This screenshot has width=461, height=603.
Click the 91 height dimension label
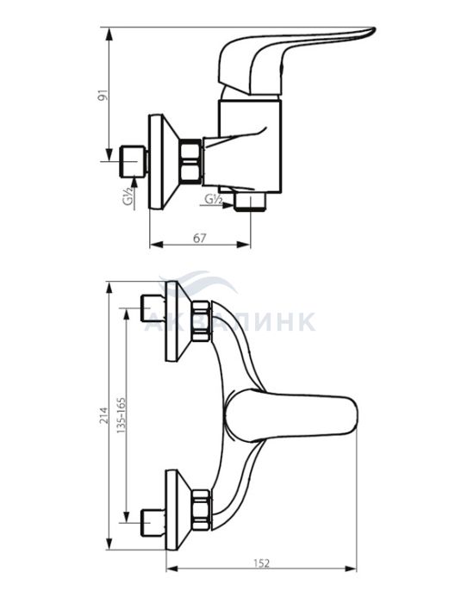coord(102,96)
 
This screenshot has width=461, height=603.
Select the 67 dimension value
coord(199,239)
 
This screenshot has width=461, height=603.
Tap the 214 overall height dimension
coord(103,415)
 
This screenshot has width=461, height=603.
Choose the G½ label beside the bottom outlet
coord(213,199)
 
